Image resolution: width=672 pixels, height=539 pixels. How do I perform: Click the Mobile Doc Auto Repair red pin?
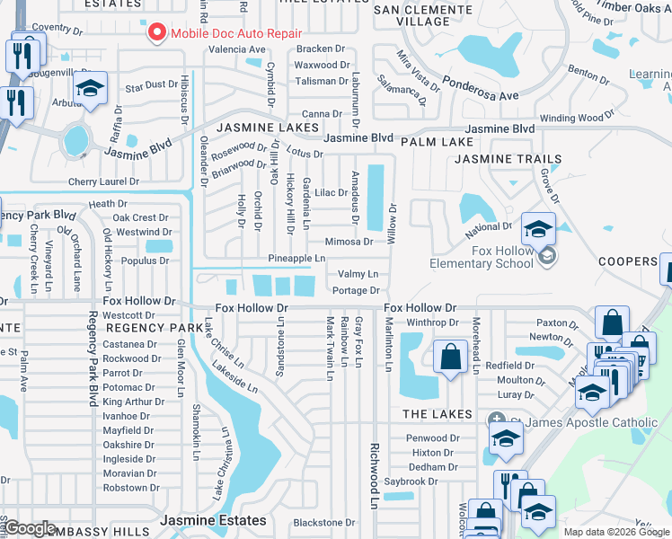pos(157,32)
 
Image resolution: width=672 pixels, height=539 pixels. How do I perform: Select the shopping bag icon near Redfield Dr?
pos(449,357)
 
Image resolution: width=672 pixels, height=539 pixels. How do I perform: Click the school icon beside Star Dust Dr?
pos(89,90)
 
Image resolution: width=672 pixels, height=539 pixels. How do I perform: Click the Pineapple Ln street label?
pos(296,259)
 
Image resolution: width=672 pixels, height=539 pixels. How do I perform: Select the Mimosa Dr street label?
pos(349,242)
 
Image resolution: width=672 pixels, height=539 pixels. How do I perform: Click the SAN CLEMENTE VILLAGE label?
pos(411,15)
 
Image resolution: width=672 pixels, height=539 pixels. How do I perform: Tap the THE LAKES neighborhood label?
pos(437,414)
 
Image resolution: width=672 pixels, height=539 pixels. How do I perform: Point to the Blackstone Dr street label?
pos(324,522)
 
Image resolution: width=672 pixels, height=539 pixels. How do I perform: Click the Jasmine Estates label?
pos(213,520)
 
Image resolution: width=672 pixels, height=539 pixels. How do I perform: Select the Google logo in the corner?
pos(30,528)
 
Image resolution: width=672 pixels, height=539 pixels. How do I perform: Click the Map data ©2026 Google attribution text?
pos(616,532)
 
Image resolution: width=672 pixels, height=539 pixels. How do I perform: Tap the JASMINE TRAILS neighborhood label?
pos(508,159)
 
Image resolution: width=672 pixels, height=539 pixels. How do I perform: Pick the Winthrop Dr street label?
pos(433,323)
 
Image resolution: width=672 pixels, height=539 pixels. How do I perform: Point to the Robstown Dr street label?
pos(131,488)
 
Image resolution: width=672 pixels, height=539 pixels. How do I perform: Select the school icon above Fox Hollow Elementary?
pos(538,228)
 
